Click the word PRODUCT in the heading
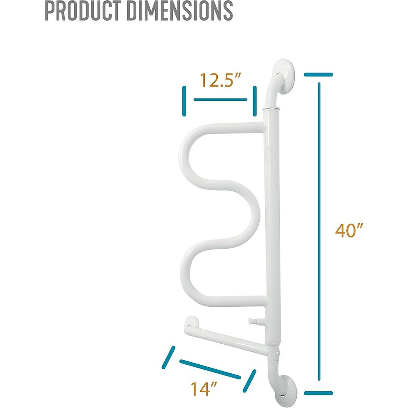pos(82,10)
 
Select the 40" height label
pos(349,230)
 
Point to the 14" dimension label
pos(204,389)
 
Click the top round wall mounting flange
pos(284,77)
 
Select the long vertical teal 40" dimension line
pos(319,231)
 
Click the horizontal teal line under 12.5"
pos(220,100)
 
